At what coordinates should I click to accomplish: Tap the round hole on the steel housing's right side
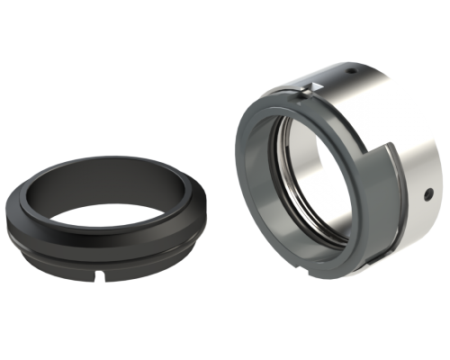429,193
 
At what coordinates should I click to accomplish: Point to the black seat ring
54,225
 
